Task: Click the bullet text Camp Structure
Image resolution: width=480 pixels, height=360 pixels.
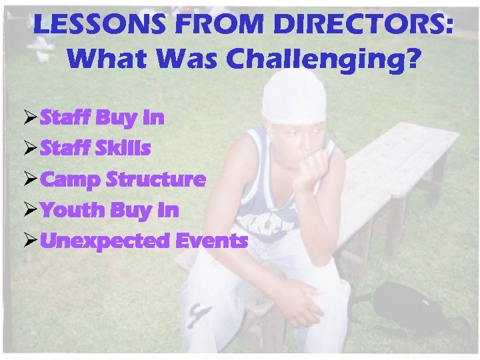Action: pos(123,179)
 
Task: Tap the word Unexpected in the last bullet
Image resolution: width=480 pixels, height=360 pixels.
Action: pos(107,241)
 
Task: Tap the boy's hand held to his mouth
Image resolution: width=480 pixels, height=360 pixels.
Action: pos(314,164)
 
